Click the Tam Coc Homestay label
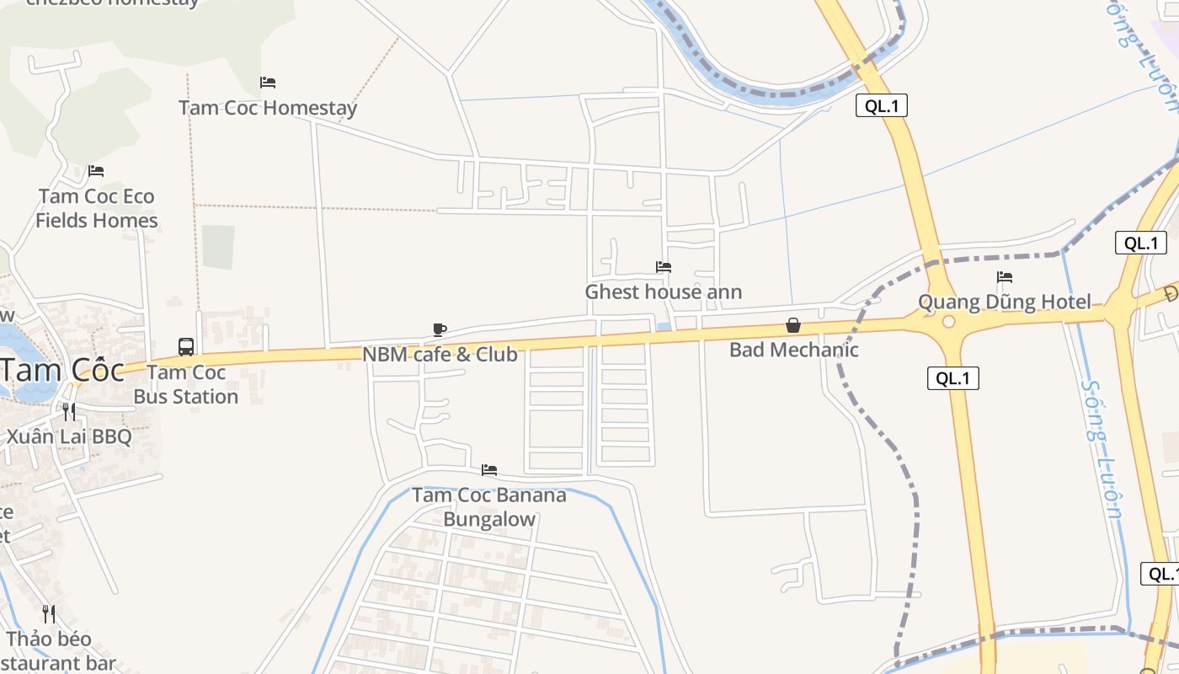click(268, 108)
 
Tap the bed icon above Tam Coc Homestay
click(268, 83)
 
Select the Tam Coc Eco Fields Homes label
click(98, 208)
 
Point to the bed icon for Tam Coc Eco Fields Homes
click(96, 171)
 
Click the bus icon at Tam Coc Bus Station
click(186, 346)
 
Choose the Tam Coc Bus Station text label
click(186, 384)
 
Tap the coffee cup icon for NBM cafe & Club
click(439, 329)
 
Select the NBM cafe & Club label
click(440, 355)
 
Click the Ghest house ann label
click(664, 292)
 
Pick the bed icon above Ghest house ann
click(664, 267)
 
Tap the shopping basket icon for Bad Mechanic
click(793, 325)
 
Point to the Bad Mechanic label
click(794, 350)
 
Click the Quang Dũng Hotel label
click(1005, 302)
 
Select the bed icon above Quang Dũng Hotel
click(1005, 277)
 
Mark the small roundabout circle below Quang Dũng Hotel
click(949, 322)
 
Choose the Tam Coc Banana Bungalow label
click(489, 507)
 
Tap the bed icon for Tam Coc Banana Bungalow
click(489, 470)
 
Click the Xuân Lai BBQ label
click(69, 436)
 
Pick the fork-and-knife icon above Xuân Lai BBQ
click(69, 412)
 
